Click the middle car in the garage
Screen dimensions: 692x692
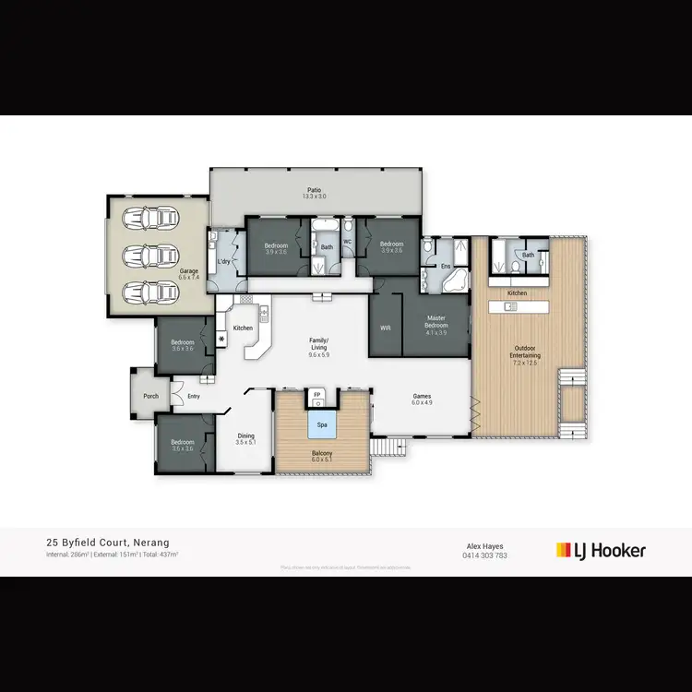pos(149,256)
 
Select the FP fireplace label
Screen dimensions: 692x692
pos(316,395)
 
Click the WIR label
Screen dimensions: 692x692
pos(387,328)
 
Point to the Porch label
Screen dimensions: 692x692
pos(150,396)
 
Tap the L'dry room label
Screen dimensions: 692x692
pos(222,262)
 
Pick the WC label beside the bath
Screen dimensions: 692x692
pos(348,242)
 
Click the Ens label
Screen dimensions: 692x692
pos(445,266)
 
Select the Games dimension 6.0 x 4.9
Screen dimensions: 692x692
pos(422,402)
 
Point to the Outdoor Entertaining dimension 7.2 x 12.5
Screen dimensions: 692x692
pos(526,364)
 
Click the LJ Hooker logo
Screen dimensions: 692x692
pos(601,550)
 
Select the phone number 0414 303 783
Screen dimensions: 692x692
pos(484,555)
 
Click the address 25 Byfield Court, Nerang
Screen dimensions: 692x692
pos(107,543)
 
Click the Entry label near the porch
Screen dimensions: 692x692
pos(194,397)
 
